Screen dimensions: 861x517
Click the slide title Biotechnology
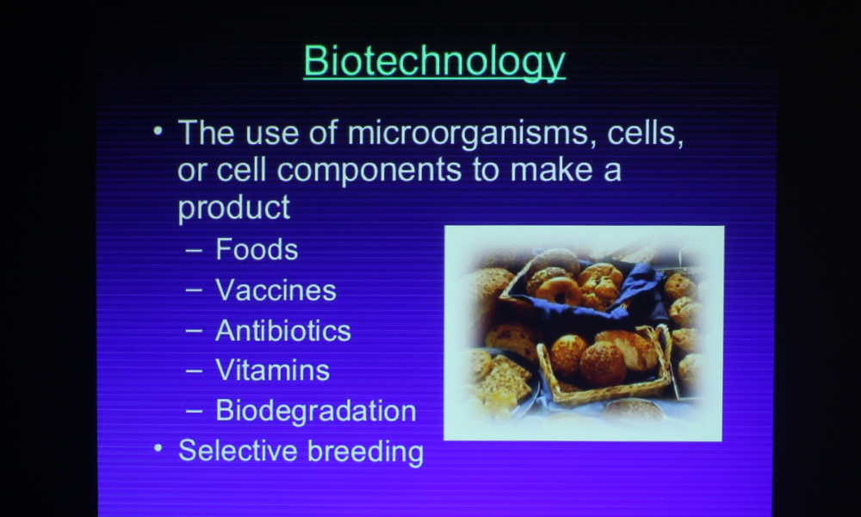point(434,62)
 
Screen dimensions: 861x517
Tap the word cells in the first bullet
point(645,133)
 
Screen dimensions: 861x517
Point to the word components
point(369,171)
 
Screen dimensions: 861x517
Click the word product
point(233,209)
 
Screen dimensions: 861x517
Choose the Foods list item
point(257,249)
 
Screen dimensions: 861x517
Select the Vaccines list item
point(276,290)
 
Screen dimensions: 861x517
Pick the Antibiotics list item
point(282,331)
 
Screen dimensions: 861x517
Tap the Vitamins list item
point(272,371)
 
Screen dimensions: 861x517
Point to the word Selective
point(238,451)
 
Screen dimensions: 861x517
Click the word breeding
point(365,452)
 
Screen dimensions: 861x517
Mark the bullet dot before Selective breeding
point(158,448)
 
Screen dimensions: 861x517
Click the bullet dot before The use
point(158,131)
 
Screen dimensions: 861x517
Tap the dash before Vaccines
point(194,290)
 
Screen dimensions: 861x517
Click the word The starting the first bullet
point(207,133)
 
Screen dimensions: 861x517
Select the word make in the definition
point(551,169)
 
